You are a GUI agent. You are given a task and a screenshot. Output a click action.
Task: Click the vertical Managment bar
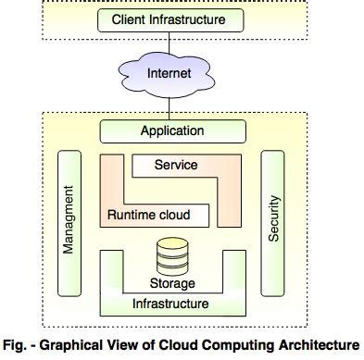click(x=70, y=223)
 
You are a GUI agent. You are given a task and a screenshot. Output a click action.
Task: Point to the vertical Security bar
click(x=273, y=223)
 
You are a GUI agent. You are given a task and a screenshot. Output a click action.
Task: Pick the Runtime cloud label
click(x=149, y=216)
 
